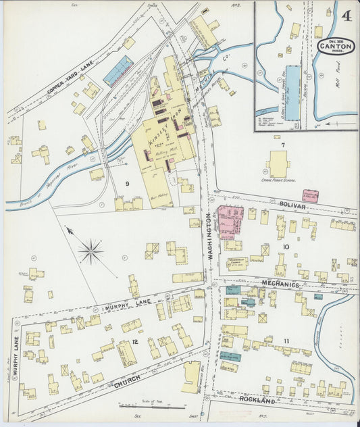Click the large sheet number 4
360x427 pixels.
pyautogui.click(x=346, y=15)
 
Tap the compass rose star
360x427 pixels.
pyautogui.click(x=91, y=252)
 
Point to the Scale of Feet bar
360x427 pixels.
pyautogui.click(x=152, y=406)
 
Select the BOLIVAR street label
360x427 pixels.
pyautogui.click(x=292, y=204)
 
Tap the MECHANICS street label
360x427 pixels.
pyautogui.click(x=280, y=284)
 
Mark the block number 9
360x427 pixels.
pyautogui.click(x=126, y=184)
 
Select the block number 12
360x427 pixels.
pyautogui.click(x=135, y=343)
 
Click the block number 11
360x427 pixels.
pyautogui.click(x=286, y=341)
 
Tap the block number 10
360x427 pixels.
pyautogui.click(x=286, y=247)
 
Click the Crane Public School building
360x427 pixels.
pyautogui.click(x=278, y=164)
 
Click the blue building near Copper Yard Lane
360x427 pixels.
pyautogui.click(x=118, y=70)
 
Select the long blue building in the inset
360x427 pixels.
pyautogui.click(x=292, y=93)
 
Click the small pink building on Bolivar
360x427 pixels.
pyautogui.click(x=310, y=195)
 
